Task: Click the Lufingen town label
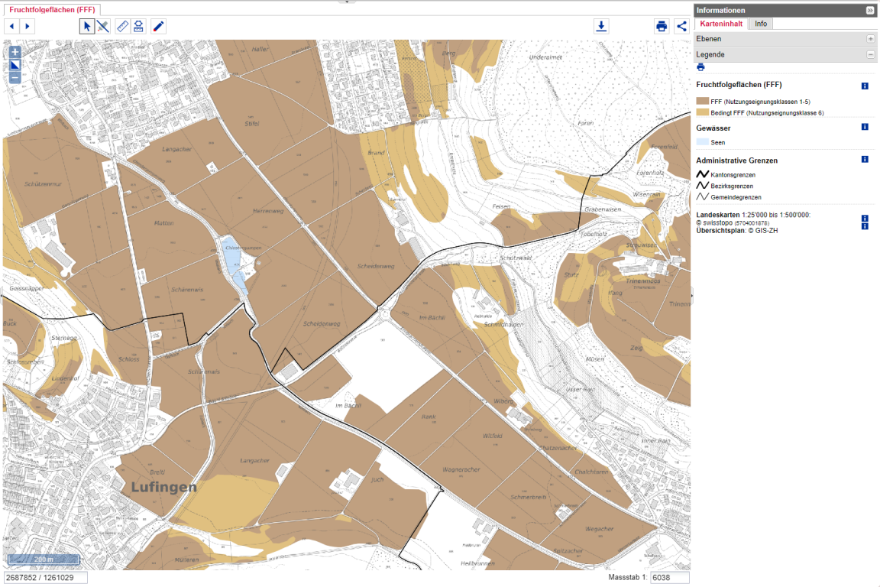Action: (163, 487)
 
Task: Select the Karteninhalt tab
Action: (722, 24)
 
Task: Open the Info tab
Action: (761, 24)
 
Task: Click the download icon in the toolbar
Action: (602, 26)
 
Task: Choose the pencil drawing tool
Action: (158, 26)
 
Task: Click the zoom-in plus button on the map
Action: (15, 52)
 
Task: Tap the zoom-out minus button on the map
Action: (15, 77)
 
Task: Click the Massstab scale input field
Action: (669, 577)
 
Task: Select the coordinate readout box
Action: (45, 577)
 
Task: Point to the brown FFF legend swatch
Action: (702, 101)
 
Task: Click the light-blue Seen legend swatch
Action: (702, 141)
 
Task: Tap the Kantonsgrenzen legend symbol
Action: (702, 174)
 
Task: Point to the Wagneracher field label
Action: (461, 469)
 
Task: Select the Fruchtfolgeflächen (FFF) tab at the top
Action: (51, 9)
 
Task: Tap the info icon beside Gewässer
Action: (865, 127)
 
